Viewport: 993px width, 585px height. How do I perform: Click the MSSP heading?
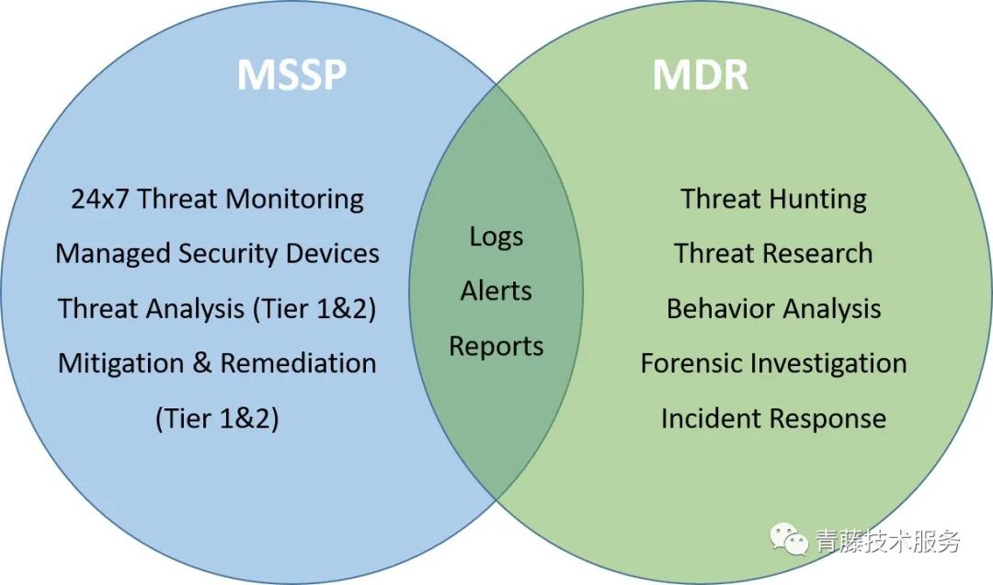coord(291,75)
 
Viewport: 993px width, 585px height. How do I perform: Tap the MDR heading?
coord(701,75)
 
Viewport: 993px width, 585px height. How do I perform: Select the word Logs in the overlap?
coord(496,237)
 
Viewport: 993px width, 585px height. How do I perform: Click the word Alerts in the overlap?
coord(496,291)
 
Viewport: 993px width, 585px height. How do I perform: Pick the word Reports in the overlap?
coord(496,347)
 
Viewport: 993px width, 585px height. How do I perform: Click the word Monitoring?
coord(294,199)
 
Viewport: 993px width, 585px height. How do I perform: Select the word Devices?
coord(333,254)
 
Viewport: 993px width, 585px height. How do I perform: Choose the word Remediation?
coord(298,363)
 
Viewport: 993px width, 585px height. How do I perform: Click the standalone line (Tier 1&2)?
coord(217,419)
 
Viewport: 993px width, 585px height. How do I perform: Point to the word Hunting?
coord(820,199)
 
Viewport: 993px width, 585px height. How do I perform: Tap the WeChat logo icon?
coord(789,539)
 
